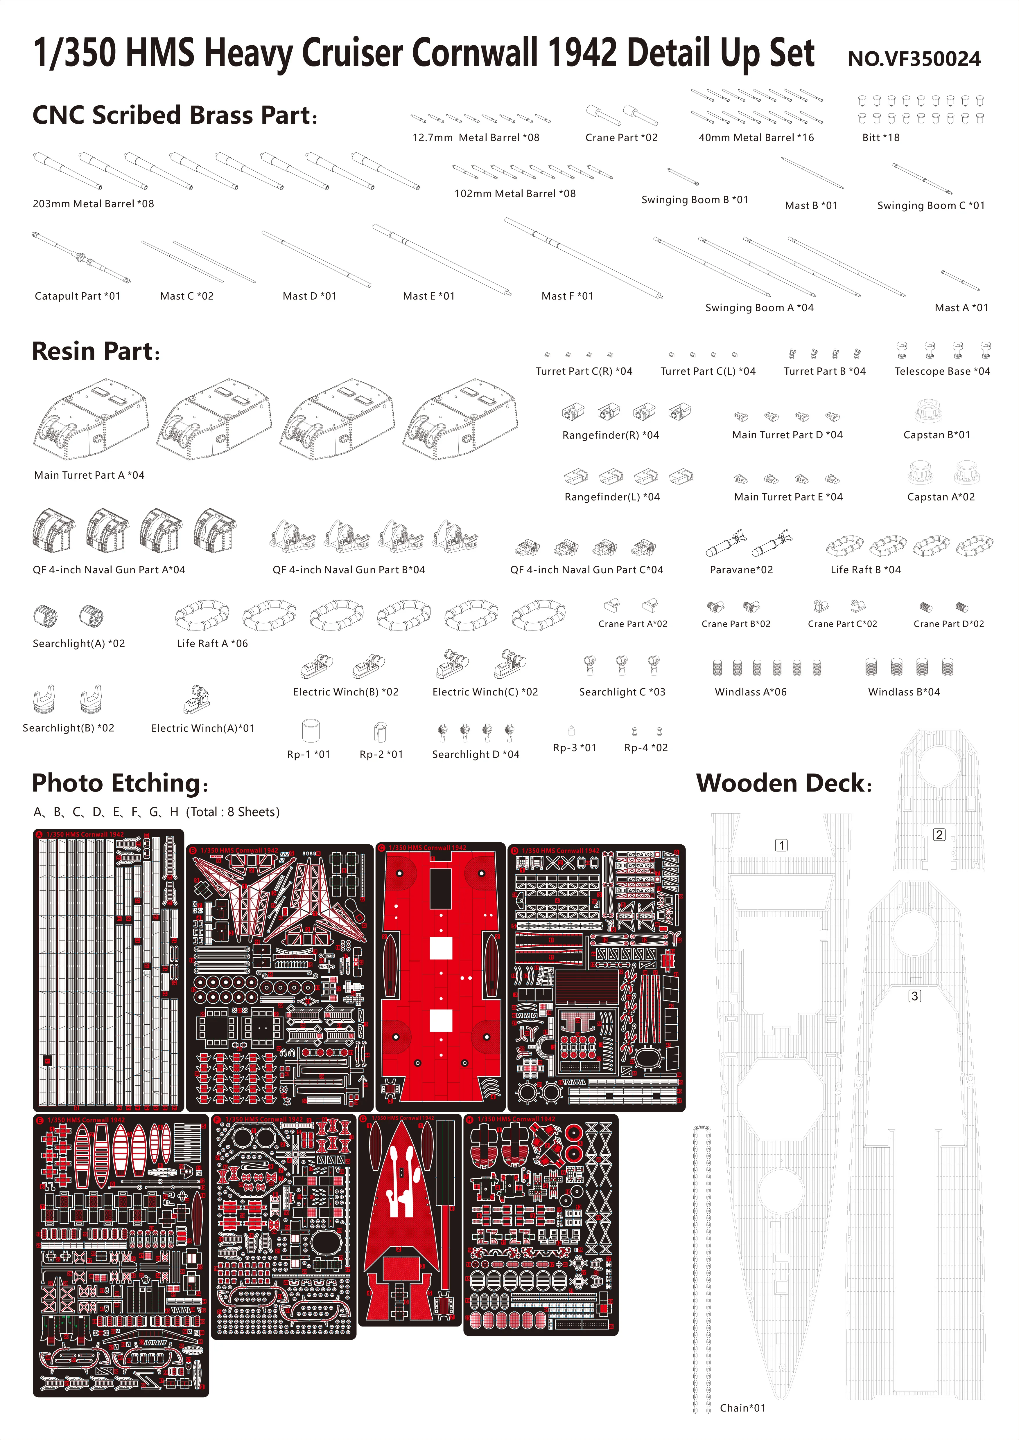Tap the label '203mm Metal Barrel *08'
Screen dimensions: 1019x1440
(x=93, y=204)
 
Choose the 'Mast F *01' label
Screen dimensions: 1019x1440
(x=567, y=296)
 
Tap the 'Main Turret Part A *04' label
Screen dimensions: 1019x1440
(x=89, y=475)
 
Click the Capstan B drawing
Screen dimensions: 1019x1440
(x=929, y=411)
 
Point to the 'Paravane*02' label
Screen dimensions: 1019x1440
(x=741, y=569)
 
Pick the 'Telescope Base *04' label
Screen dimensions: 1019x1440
(x=942, y=371)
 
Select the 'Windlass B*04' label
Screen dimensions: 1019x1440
(x=904, y=692)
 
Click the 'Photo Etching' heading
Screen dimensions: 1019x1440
(x=119, y=783)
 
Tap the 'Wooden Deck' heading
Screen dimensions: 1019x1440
(x=784, y=783)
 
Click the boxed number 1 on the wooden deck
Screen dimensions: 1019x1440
(x=781, y=846)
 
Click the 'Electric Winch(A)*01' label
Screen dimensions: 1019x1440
(x=203, y=728)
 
